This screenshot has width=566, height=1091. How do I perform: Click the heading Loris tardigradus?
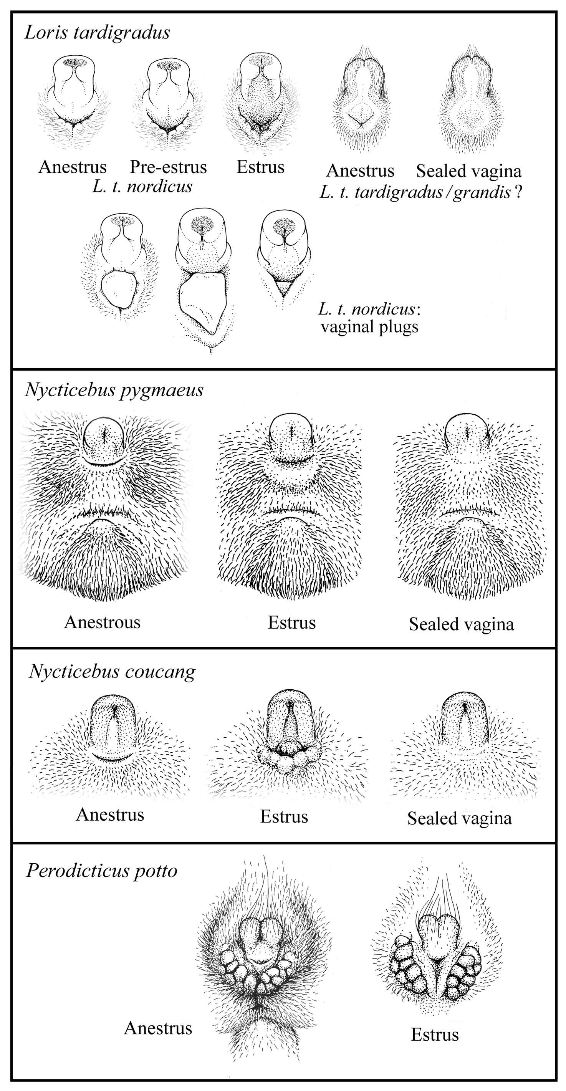pos(98,33)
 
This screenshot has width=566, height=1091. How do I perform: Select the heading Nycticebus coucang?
pos(112,672)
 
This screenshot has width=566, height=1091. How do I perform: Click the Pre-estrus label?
pos(168,167)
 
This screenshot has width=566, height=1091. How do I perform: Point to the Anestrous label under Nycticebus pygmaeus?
pos(103,622)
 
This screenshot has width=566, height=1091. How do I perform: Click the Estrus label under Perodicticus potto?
pos(435,1035)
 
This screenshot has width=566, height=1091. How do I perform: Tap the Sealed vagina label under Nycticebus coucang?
pos(459,819)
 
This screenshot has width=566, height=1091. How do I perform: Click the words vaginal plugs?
pos(369,327)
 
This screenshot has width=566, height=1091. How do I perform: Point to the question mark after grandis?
pos(518,192)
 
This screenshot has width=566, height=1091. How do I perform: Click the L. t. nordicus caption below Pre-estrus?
pos(142,186)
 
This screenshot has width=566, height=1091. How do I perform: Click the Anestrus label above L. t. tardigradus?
pos(360,171)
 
